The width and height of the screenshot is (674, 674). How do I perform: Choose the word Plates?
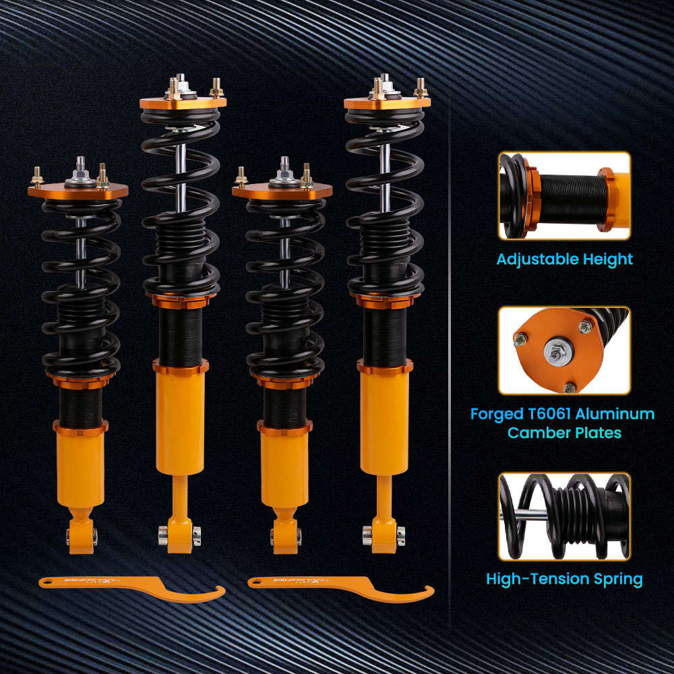(598, 433)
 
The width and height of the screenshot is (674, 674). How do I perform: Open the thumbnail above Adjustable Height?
(564, 196)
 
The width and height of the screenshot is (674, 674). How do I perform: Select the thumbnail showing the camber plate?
(564, 350)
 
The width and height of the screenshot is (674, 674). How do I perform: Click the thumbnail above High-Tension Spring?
(564, 516)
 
